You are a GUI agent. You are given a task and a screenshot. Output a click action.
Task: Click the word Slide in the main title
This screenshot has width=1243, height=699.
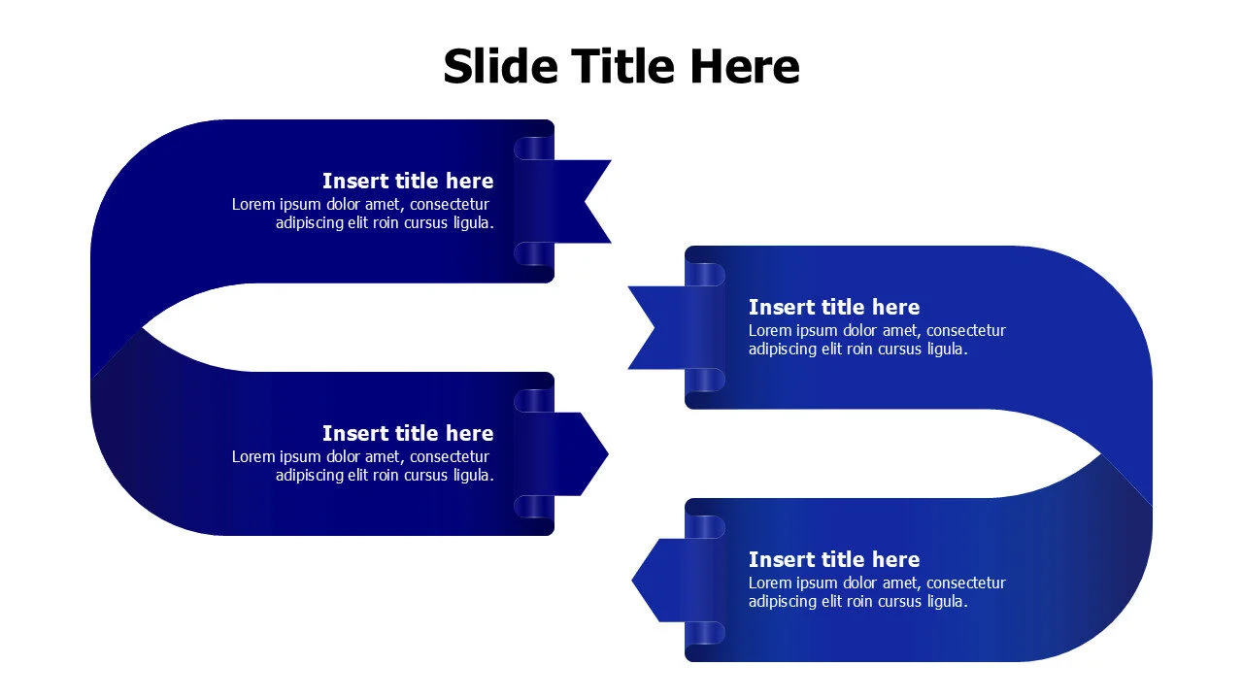pyautogui.click(x=500, y=67)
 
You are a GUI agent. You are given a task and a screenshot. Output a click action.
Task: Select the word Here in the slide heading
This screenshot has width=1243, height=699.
pyautogui.click(x=745, y=67)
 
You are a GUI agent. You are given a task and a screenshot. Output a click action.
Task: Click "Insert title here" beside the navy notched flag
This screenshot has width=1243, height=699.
pyautogui.click(x=408, y=182)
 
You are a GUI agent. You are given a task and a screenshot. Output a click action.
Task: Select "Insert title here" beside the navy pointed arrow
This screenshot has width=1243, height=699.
pyautogui.click(x=408, y=434)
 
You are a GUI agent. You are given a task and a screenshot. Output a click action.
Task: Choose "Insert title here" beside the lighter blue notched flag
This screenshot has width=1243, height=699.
pyautogui.click(x=833, y=308)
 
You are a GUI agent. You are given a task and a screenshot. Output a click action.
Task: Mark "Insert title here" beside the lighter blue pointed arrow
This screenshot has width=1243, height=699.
pyautogui.click(x=833, y=560)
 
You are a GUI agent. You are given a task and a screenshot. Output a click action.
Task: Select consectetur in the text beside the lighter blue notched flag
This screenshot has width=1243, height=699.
pyautogui.click(x=966, y=331)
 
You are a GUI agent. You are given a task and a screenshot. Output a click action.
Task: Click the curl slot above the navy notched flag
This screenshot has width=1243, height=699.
pyautogui.click(x=533, y=149)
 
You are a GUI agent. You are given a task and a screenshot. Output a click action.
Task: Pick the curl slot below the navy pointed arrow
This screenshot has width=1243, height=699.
pyautogui.click(x=533, y=506)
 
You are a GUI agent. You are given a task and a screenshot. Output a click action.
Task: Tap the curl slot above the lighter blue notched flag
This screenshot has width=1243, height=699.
pyautogui.click(x=706, y=275)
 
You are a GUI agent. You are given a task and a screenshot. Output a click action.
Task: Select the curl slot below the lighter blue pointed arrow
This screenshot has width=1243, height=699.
pyautogui.click(x=706, y=633)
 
